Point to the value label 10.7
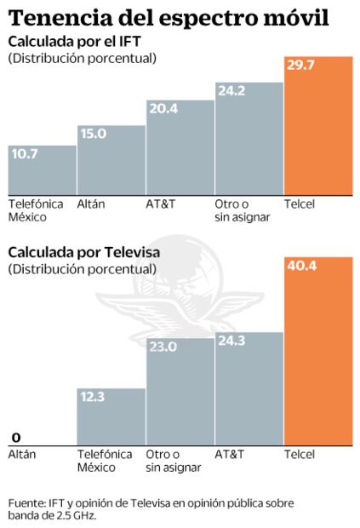pos(24,153)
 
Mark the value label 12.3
pos(94,396)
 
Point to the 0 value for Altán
pos(15,437)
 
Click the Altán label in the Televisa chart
pos(22,455)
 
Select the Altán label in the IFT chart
pos(90,204)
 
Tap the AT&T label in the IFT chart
pos(159,204)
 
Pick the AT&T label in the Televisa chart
pos(228,455)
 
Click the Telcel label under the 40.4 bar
pos(300,455)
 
